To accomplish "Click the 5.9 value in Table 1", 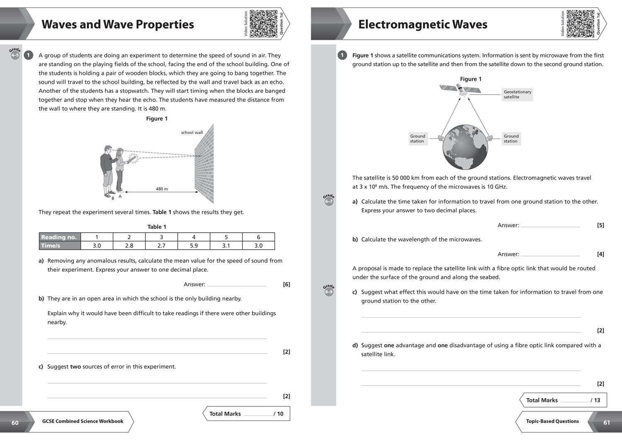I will (194, 246).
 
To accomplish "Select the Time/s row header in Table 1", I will (60, 246).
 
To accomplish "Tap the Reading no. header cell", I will (60, 237).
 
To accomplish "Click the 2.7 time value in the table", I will (161, 246).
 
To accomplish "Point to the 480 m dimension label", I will (162, 189).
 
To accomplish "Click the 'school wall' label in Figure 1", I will (192, 133).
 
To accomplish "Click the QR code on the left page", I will (263, 24).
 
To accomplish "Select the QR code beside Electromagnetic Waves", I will (580, 24).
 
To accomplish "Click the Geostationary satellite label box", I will (517, 95).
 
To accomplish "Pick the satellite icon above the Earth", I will (460, 89).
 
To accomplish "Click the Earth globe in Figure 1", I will (465, 147).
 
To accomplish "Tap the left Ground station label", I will (418, 139).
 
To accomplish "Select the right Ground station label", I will (511, 139).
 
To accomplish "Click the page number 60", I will (15, 423).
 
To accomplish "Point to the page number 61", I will (607, 423).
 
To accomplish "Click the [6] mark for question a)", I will (286, 284).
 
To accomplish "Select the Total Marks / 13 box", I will (563, 400).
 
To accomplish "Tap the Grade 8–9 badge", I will (328, 291).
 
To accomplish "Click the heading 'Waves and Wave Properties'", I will (118, 24).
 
